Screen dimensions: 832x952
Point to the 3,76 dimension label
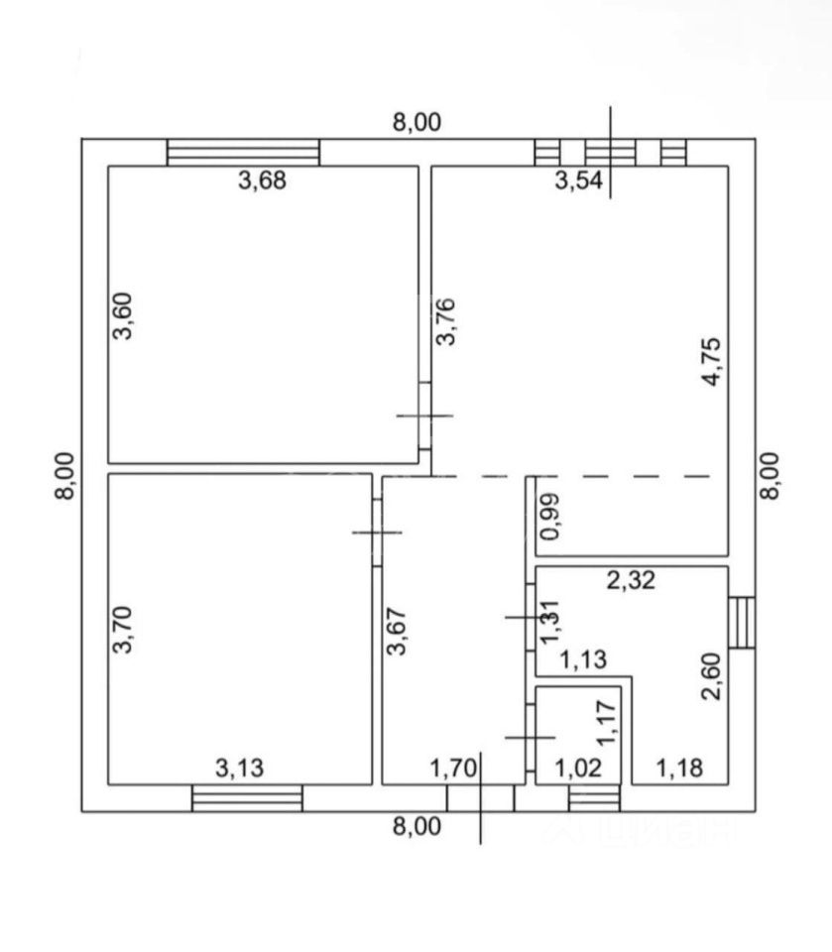click(447, 321)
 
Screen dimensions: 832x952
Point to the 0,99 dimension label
click(549, 516)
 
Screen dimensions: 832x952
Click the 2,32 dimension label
click(631, 583)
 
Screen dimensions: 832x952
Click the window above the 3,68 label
click(243, 152)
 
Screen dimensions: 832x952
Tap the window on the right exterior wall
click(741, 622)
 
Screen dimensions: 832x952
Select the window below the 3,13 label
click(247, 798)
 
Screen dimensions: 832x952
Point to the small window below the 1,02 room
click(593, 798)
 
